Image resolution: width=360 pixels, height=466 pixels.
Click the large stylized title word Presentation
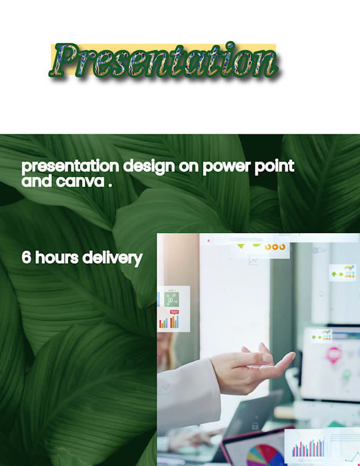point(164,60)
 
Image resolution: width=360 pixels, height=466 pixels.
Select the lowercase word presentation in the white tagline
point(70,167)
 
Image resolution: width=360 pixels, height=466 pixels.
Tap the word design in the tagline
point(147,167)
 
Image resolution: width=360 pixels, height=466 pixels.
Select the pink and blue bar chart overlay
point(308,448)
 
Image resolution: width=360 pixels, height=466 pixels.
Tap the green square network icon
point(170,299)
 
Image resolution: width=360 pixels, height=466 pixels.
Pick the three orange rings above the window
point(275,247)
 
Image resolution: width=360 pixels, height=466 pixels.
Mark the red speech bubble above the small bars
point(174,312)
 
